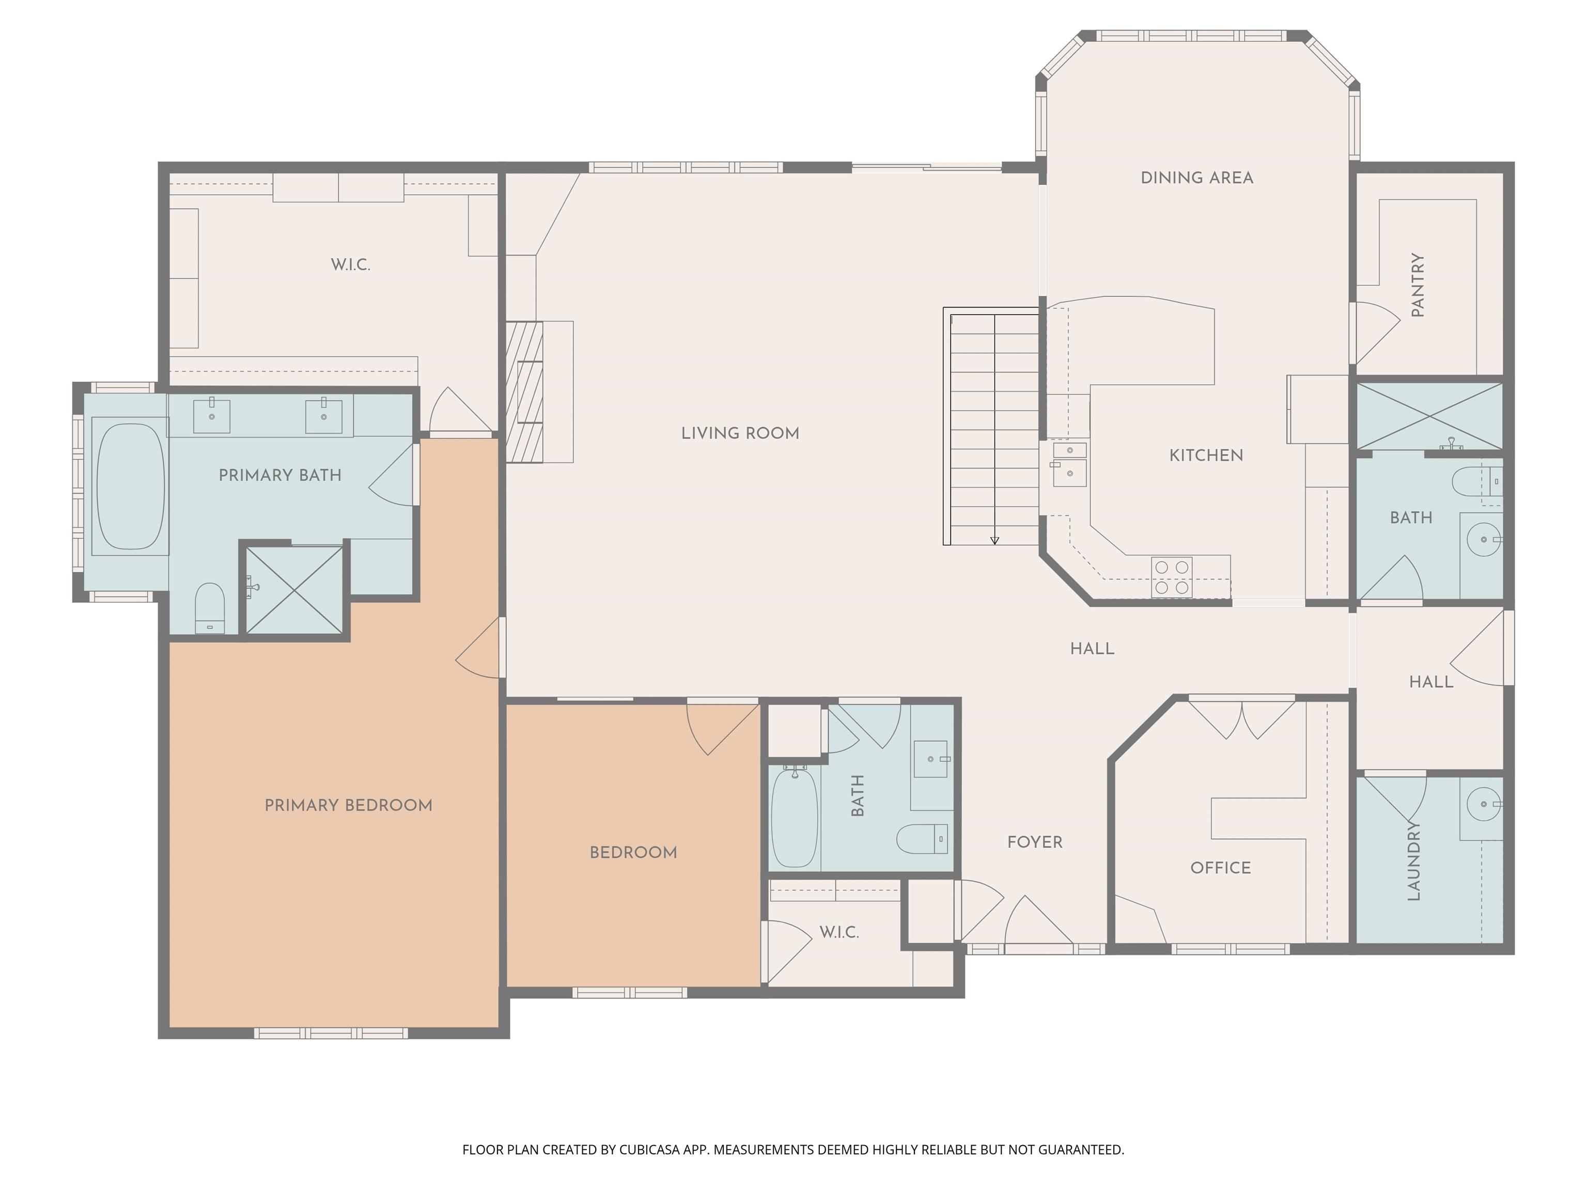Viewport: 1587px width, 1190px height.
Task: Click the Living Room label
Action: pos(740,433)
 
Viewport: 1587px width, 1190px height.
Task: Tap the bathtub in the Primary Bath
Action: pos(131,487)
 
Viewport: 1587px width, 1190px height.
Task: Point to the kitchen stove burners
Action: pos(1172,577)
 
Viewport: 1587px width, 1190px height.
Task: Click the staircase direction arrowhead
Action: pos(994,540)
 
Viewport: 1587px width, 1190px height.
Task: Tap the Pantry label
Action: pos(1417,285)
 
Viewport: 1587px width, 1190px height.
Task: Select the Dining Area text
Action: pos(1196,178)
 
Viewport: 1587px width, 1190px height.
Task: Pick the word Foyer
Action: pos(1035,842)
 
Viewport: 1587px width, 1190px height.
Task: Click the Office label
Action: pos(1220,868)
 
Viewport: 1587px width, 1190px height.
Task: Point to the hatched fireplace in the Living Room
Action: pos(524,392)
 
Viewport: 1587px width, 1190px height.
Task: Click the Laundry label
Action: pos(1413,861)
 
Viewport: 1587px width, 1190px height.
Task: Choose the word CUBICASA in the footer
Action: pos(649,1150)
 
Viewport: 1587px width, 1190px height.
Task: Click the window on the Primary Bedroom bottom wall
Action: pos(332,1034)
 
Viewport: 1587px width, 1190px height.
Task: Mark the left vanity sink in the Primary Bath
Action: pos(212,416)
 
